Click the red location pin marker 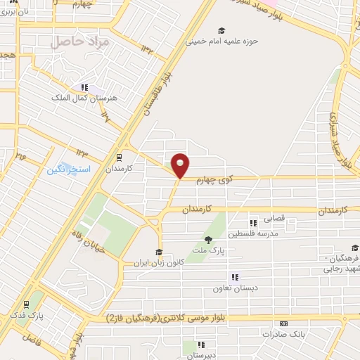click(x=181, y=165)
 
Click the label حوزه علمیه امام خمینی click(x=222, y=41)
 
